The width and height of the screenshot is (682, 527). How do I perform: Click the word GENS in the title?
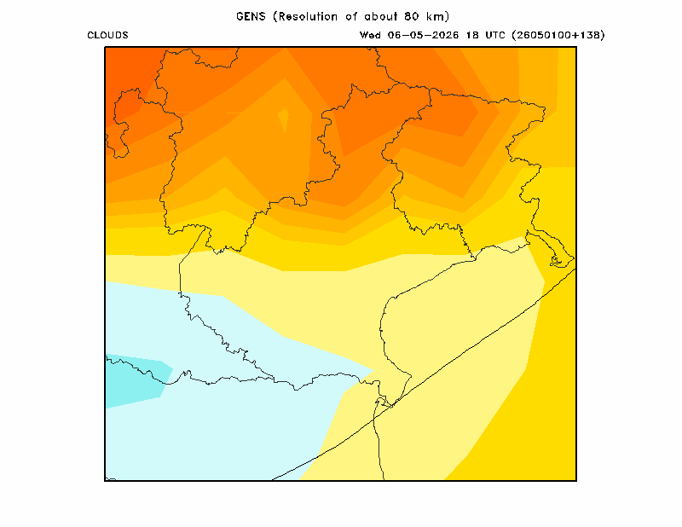tap(251, 16)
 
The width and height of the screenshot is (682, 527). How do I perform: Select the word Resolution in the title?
tap(308, 16)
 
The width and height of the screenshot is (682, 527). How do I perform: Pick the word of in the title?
tap(351, 16)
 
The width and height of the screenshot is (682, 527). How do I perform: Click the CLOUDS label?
tap(107, 35)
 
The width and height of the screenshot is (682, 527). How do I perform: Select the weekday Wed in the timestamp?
tap(370, 35)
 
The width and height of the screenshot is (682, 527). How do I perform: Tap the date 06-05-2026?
tap(423, 35)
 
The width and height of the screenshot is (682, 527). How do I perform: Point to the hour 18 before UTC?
tap(472, 35)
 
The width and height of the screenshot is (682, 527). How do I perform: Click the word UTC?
tap(495, 35)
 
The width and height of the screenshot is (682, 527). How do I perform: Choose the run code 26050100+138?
tap(558, 35)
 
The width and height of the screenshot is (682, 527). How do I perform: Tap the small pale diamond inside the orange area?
tap(284, 119)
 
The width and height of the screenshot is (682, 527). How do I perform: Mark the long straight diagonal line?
tap(424, 374)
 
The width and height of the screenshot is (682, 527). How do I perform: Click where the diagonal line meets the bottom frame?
tap(273, 480)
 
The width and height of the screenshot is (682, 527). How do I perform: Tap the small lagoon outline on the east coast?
tap(557, 261)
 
